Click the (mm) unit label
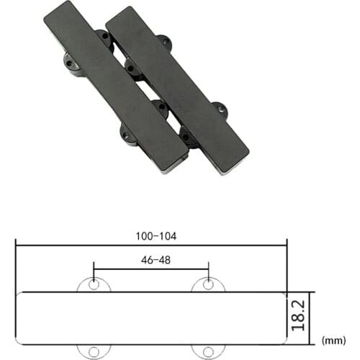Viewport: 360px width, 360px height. [x=336, y=339]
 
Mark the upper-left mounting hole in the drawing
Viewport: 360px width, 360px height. [x=94, y=283]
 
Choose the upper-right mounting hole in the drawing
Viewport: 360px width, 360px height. [x=208, y=283]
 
